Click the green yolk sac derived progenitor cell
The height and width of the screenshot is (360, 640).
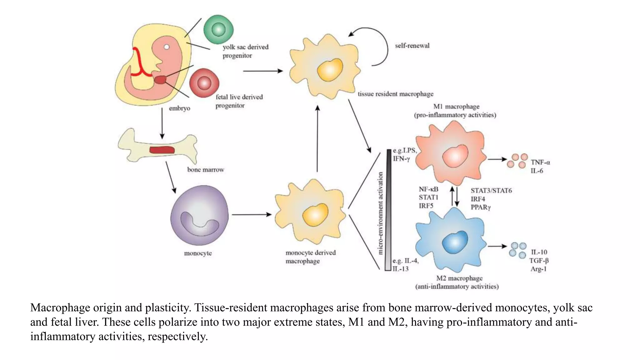(x=218, y=30)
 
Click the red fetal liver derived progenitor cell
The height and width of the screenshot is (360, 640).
(x=204, y=83)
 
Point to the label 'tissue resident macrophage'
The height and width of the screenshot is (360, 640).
(x=395, y=94)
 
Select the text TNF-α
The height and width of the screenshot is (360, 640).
(x=540, y=162)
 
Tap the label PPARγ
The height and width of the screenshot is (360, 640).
(x=481, y=207)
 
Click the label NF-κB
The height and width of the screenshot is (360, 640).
(x=428, y=189)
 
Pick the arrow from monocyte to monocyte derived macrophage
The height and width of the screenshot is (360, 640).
(x=252, y=215)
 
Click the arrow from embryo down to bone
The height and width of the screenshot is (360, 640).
(x=162, y=123)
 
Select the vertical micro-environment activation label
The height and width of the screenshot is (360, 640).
(x=380, y=213)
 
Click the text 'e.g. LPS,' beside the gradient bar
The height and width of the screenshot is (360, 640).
(x=405, y=150)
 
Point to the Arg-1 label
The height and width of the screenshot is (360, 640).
(x=538, y=269)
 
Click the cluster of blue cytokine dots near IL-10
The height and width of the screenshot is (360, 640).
(x=517, y=250)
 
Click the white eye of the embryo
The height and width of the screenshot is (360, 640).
(x=167, y=47)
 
